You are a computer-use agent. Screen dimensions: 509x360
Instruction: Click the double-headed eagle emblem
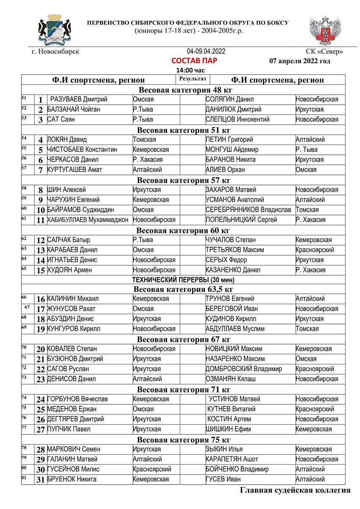pos(325,31)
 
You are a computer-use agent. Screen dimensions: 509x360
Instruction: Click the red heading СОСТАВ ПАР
pos(194,61)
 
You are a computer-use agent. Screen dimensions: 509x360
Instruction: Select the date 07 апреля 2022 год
pos(300,61)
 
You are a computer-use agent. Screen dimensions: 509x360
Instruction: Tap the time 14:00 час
pos(190,70)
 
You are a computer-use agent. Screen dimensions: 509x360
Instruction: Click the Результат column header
pos(193,78)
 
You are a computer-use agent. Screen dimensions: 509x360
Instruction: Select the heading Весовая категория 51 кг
pos(184,130)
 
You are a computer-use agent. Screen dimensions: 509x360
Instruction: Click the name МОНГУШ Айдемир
pos(232,150)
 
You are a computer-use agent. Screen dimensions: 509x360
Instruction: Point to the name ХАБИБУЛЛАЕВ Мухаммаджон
pos(87,220)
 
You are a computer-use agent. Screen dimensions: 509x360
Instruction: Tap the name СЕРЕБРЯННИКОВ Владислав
pos(248,210)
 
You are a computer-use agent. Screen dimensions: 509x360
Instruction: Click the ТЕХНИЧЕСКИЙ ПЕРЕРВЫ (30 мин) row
pos(183,280)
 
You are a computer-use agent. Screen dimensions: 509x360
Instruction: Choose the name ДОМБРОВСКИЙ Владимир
pos(243,369)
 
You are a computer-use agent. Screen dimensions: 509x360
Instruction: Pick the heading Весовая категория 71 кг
pos(184,389)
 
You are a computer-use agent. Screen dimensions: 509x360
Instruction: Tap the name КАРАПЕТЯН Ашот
pos(232,459)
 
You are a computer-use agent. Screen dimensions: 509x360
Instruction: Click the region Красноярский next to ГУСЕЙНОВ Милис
pos(152,469)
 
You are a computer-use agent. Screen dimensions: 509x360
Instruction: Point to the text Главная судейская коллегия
pos(295,490)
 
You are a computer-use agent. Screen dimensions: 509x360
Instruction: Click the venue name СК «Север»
pos(324,52)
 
